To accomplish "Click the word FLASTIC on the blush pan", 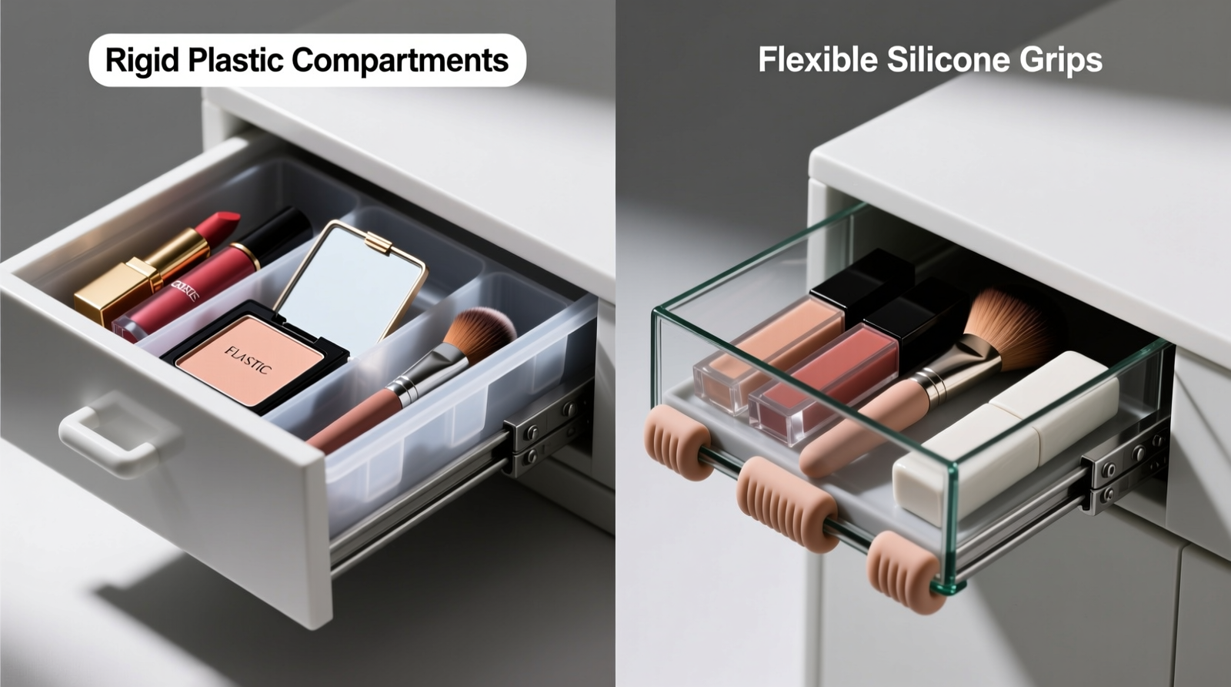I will coord(248,360).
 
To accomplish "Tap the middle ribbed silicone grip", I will coord(785,504).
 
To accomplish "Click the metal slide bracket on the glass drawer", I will coord(1123,466).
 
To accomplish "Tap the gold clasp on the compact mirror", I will coord(379,243).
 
